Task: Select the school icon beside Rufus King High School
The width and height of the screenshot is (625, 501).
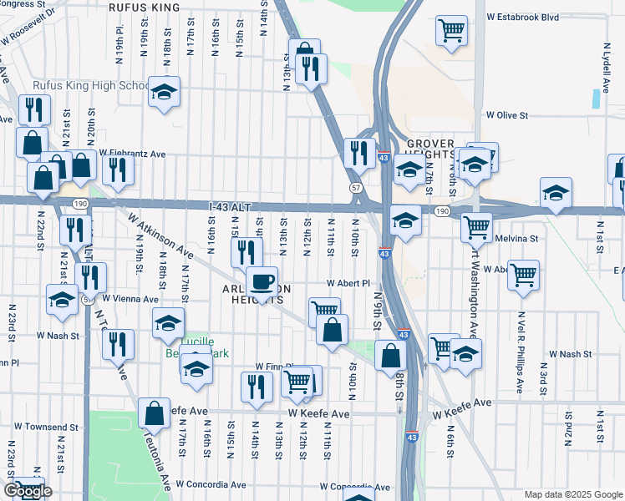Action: (x=165, y=93)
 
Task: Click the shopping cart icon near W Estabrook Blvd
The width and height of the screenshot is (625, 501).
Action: (x=451, y=31)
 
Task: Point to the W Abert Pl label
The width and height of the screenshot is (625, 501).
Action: (x=348, y=283)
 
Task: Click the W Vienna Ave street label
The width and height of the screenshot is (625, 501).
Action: (x=130, y=298)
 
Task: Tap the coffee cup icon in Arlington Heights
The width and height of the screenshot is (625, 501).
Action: (x=262, y=281)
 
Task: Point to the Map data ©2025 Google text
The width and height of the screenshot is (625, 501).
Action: (x=572, y=494)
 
